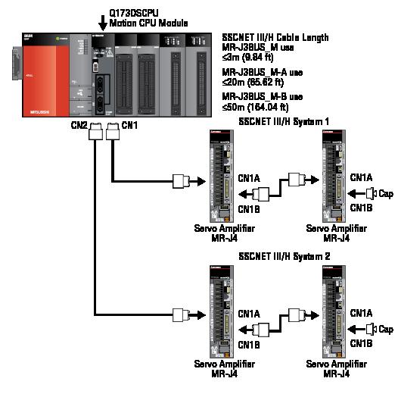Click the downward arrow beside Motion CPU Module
pyautogui.click(x=103, y=17)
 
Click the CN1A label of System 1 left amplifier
pyautogui.click(x=250, y=179)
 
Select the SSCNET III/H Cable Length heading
pyautogui.click(x=275, y=36)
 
